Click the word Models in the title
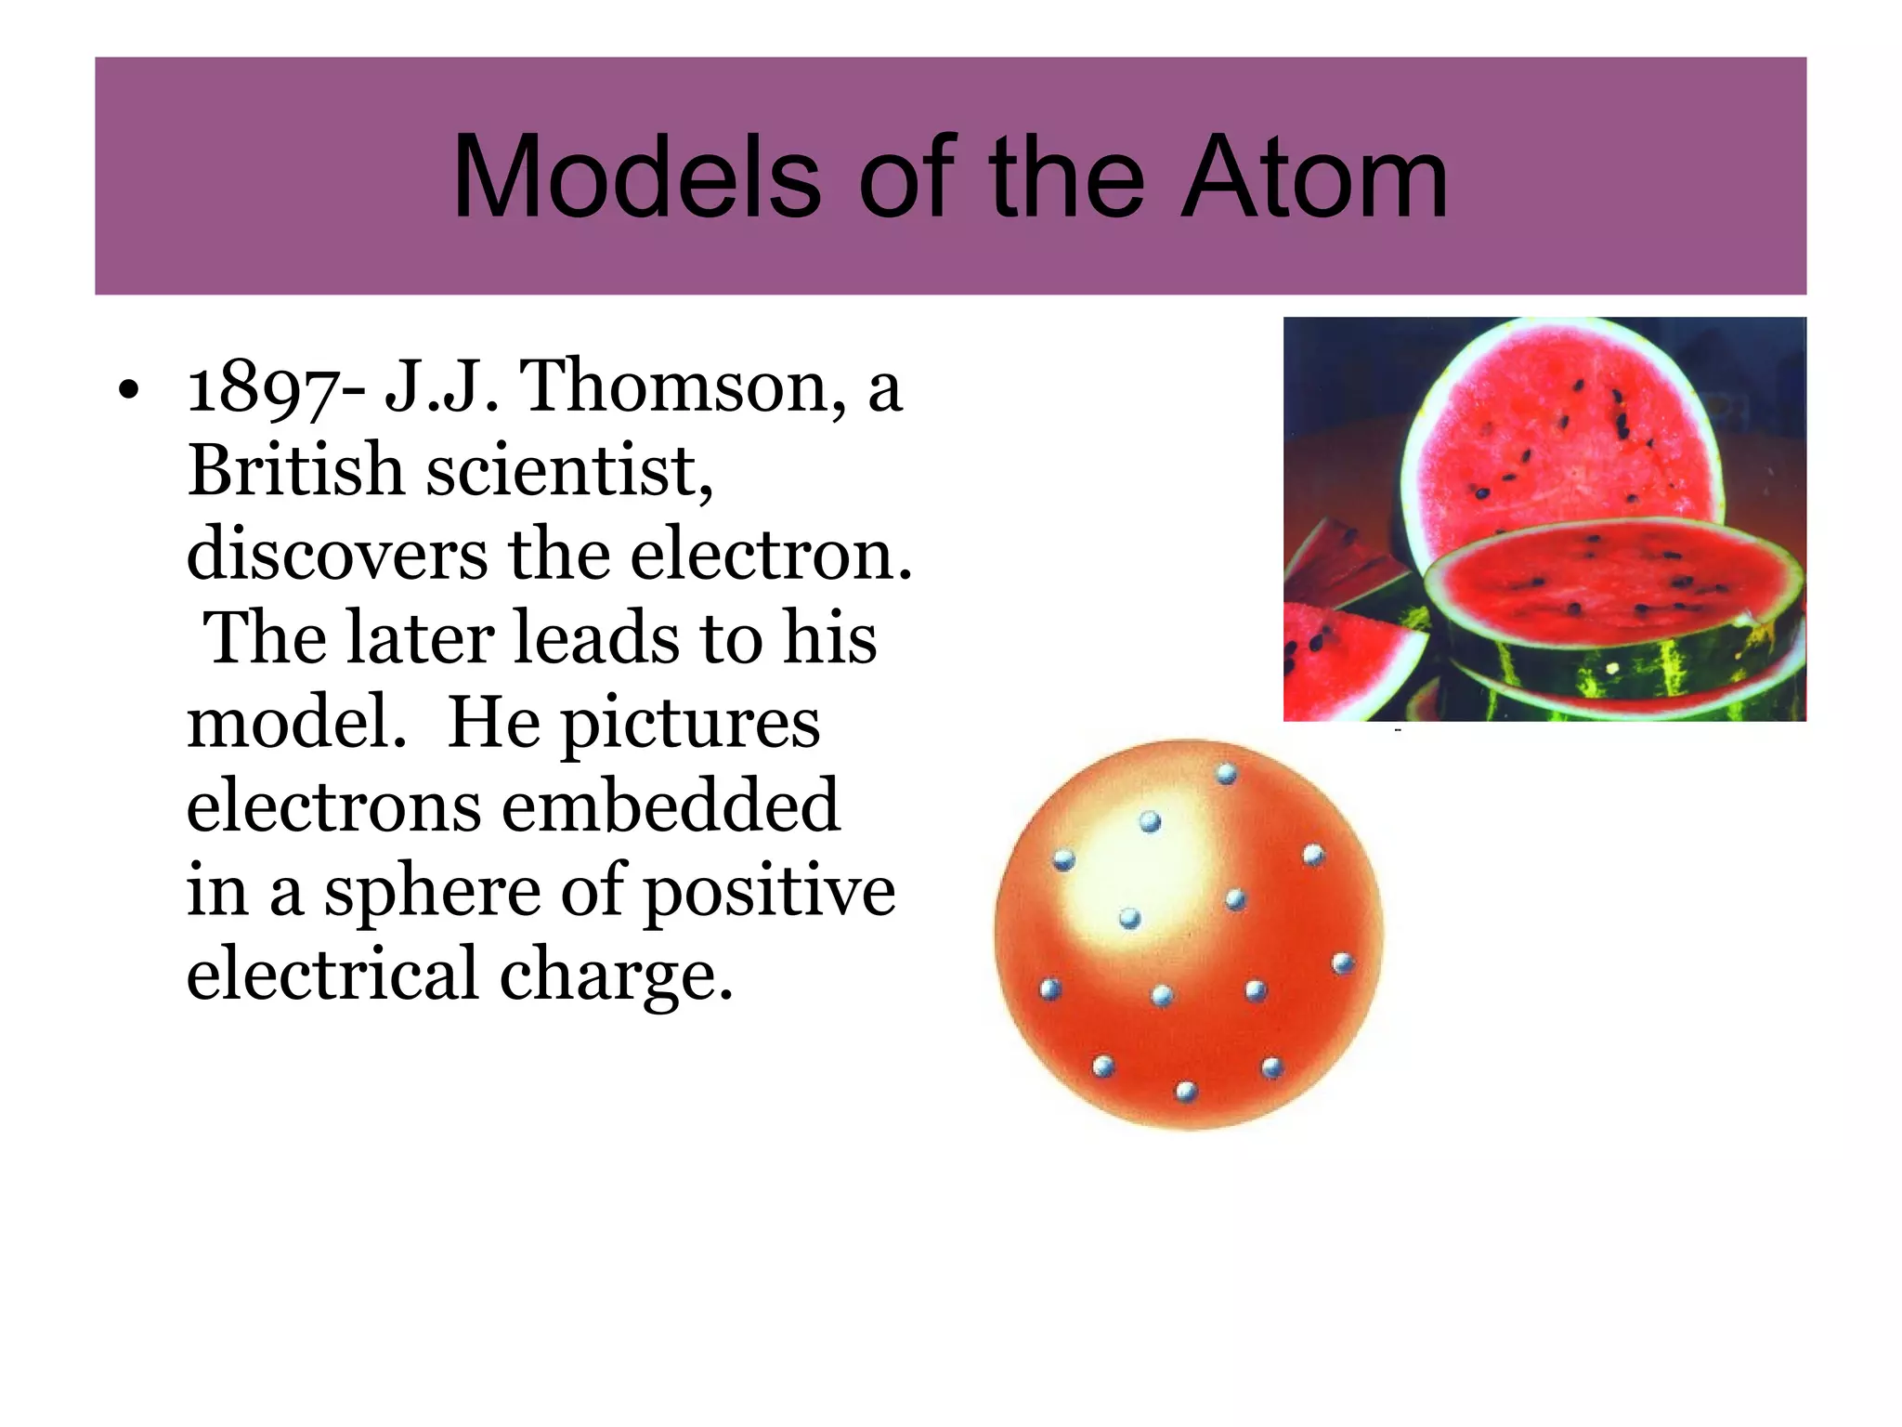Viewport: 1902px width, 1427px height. click(636, 177)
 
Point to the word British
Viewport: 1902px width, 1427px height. click(294, 470)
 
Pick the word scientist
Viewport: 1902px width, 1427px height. click(569, 470)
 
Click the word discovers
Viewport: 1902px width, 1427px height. click(336, 555)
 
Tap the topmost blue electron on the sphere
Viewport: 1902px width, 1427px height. click(1227, 773)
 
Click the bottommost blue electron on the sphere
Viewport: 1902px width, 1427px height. click(1186, 1092)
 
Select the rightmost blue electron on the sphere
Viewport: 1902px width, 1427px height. click(1343, 963)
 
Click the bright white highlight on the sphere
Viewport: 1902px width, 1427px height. click(1128, 873)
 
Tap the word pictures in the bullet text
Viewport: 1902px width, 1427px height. click(691, 723)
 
